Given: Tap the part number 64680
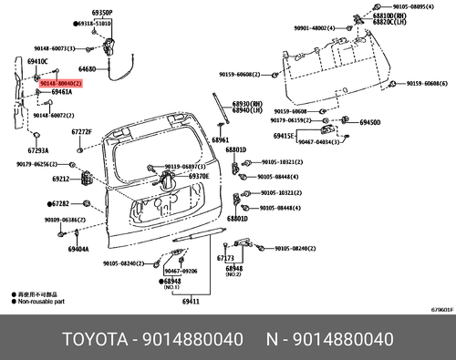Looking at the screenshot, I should click(x=88, y=69).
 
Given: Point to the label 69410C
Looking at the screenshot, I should click(x=37, y=60).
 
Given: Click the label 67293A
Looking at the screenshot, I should click(x=37, y=150).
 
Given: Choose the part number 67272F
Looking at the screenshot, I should click(x=82, y=132).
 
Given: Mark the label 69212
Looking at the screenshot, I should click(x=61, y=180).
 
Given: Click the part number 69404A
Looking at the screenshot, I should click(x=78, y=248).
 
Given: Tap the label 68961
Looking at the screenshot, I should click(x=221, y=141).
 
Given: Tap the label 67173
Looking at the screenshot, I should click(x=225, y=258).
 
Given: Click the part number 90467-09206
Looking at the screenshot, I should click(x=181, y=272).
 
